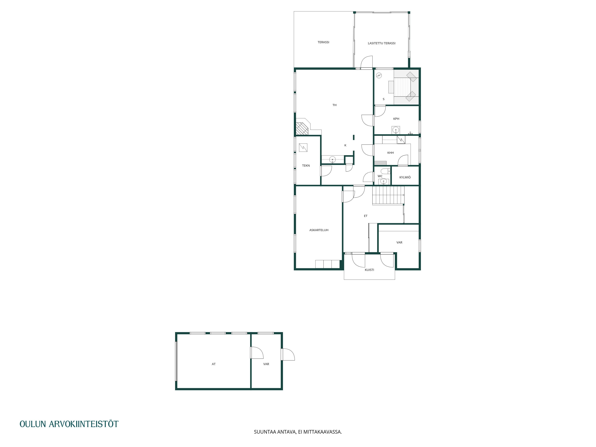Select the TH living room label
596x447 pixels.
tap(334, 105)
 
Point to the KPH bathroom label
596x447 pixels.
tap(396, 119)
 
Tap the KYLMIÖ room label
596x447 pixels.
tap(405, 177)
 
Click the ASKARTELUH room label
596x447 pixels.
tap(319, 230)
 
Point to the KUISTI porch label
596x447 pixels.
tap(369, 270)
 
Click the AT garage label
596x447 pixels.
tap(214, 364)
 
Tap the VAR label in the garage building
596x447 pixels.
tap(266, 364)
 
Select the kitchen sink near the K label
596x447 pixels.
tap(332, 160)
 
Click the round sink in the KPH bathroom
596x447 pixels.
tap(396, 130)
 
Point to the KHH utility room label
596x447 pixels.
tap(390, 153)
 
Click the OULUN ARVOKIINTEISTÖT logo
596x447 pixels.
tap(69, 424)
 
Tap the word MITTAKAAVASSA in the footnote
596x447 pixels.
tap(323, 432)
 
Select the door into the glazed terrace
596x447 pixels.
tap(366, 63)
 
